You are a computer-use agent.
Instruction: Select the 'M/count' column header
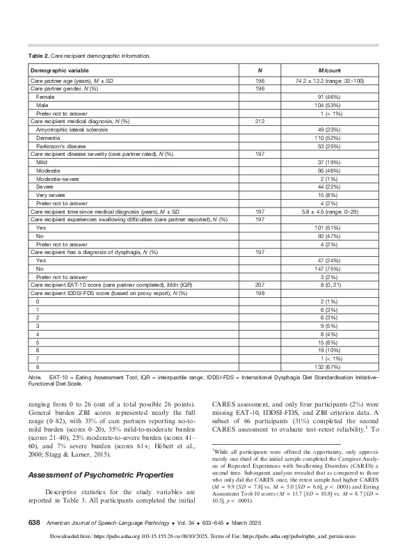(x=326, y=70)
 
